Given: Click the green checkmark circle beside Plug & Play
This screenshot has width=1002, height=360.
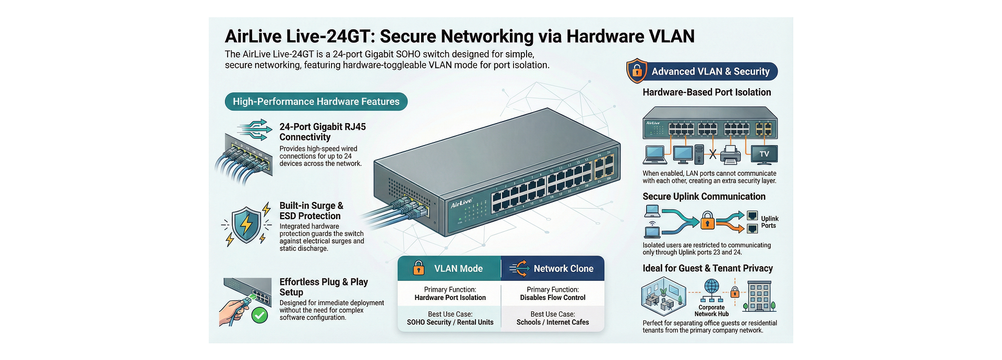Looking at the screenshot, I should coord(259,315).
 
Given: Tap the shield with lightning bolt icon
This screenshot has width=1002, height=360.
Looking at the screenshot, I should coord(246,225).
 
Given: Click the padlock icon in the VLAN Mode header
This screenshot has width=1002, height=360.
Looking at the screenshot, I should coord(419,268).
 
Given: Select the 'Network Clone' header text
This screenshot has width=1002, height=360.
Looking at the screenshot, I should coord(563,269).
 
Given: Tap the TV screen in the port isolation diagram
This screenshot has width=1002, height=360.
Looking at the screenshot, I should coord(764,154).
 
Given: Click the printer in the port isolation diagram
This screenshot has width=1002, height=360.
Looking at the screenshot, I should coord(731,154).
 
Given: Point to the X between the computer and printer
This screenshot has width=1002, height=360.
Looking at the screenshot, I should coord(712,154).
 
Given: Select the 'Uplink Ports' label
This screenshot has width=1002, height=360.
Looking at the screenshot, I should coord(769,222).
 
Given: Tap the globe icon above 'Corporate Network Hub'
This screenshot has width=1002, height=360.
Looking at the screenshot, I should coord(712,286).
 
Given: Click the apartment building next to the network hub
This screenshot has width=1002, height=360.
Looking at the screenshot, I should coord(759,296).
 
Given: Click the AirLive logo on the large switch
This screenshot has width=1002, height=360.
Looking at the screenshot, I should coord(461,203).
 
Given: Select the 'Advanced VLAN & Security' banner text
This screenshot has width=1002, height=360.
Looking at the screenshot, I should coord(710,71).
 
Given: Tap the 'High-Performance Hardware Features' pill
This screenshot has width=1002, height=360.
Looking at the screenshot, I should coord(316,102).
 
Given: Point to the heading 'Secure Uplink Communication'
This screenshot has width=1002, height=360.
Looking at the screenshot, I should coord(703,197).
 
